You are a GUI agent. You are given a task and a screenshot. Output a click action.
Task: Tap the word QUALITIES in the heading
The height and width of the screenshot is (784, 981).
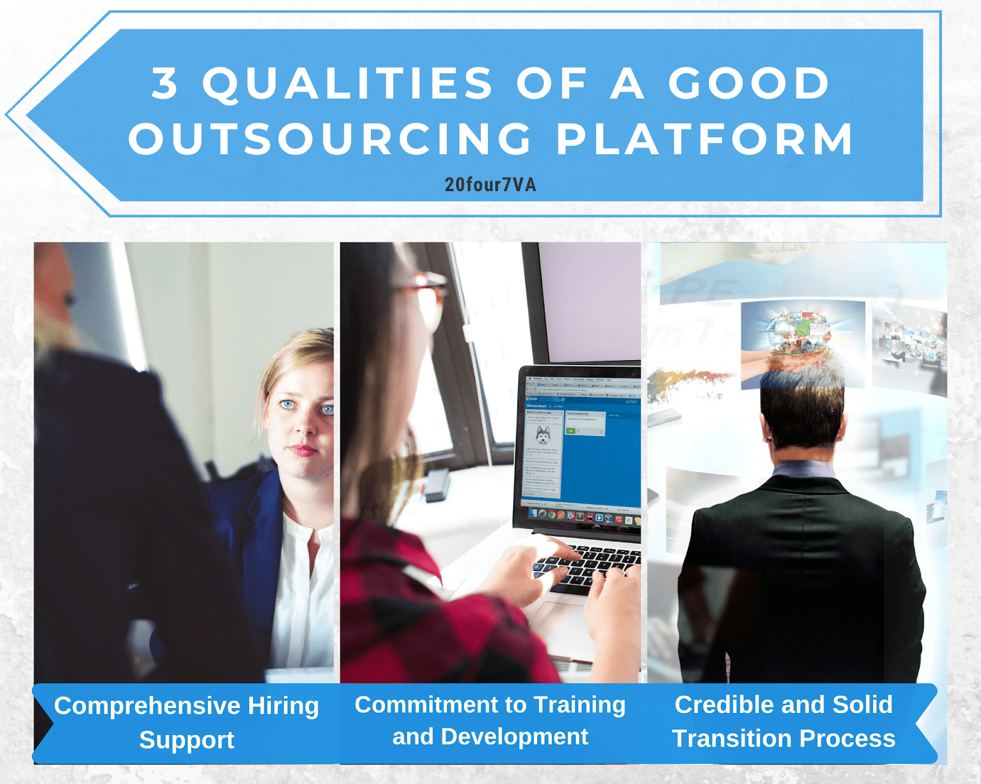[x=348, y=85]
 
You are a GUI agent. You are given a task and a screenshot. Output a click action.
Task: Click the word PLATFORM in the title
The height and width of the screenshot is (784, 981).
[x=704, y=139]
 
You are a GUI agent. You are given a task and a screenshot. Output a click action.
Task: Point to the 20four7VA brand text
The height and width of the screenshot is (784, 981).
[x=490, y=185]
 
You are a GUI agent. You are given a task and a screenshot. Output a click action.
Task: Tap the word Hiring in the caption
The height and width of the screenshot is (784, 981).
[x=283, y=706]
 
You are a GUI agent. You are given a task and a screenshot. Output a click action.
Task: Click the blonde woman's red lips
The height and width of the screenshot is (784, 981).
[x=303, y=451]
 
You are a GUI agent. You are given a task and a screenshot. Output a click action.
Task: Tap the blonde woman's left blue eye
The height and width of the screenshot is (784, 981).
[x=287, y=404]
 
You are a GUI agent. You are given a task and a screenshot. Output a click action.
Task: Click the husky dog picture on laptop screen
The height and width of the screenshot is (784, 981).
[x=543, y=435]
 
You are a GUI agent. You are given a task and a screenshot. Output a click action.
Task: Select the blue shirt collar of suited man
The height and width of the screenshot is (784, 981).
[x=803, y=470]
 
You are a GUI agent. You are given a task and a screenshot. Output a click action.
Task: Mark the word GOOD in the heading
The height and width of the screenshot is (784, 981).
[x=749, y=85]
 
